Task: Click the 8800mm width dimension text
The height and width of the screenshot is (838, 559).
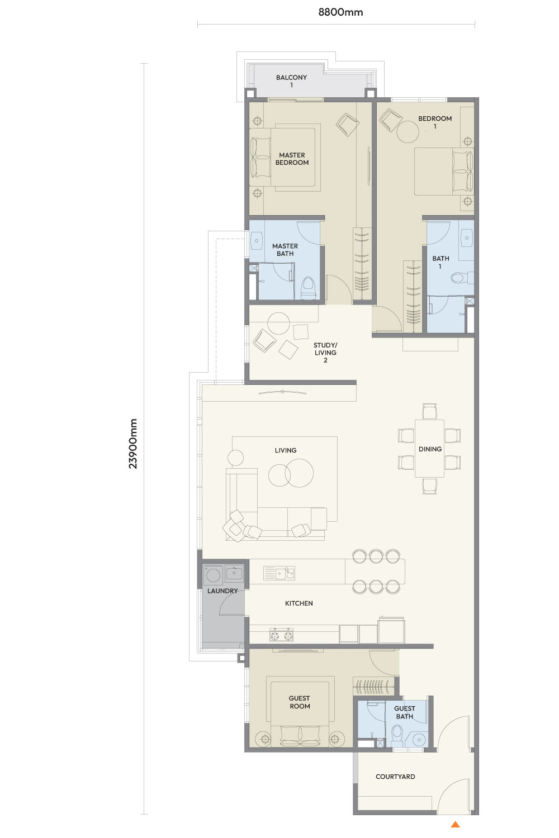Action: click(340, 12)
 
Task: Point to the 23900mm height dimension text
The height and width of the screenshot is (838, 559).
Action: click(133, 444)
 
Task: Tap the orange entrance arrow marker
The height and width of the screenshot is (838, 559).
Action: click(455, 824)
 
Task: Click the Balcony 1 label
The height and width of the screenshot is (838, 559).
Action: click(291, 81)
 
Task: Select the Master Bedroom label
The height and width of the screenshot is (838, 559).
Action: click(292, 159)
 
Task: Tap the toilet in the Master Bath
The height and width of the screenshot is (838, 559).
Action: click(309, 288)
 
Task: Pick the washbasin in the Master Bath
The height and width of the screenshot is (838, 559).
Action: click(257, 241)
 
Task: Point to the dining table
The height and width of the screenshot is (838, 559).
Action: click(429, 449)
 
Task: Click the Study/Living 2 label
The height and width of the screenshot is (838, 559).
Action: click(325, 353)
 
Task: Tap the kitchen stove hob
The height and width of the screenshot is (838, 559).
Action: click(281, 635)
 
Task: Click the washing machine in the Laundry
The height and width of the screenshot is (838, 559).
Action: click(213, 575)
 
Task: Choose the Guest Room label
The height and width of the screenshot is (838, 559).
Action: click(300, 702)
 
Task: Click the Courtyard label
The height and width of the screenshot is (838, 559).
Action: click(395, 777)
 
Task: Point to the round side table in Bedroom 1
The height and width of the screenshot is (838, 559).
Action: click(408, 132)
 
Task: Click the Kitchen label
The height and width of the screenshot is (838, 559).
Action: click(299, 603)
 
